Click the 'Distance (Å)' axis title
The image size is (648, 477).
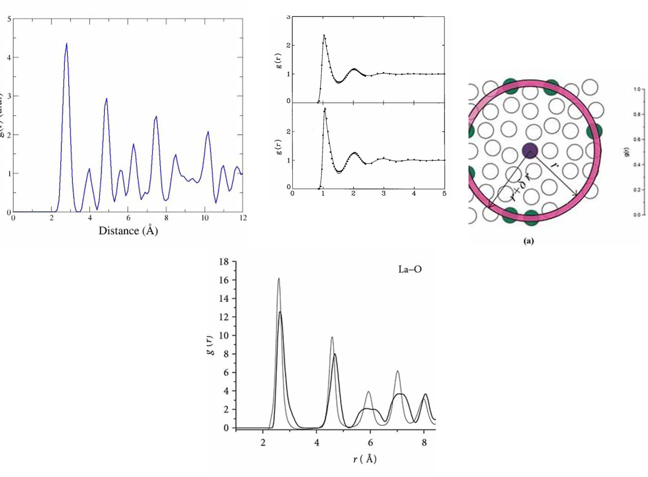pos(128,231)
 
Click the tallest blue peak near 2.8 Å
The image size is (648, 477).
pos(67,44)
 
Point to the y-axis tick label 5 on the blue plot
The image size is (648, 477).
pos(9,19)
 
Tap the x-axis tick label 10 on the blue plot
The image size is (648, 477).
pos(205,218)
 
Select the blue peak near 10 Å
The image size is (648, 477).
pos(208,132)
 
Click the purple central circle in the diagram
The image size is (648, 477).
pos(530,151)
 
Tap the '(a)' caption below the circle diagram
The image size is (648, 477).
pos(529,241)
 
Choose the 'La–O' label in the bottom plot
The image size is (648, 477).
pos(410,269)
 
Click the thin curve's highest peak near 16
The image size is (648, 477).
pos(279,279)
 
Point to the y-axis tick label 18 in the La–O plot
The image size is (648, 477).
pos(224,262)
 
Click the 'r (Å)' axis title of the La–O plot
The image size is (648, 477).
pos(365,459)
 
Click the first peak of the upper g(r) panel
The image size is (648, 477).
pos(324,35)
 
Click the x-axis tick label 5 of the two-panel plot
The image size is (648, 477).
pos(444,193)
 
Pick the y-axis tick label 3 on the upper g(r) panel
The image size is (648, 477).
pos(288,17)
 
